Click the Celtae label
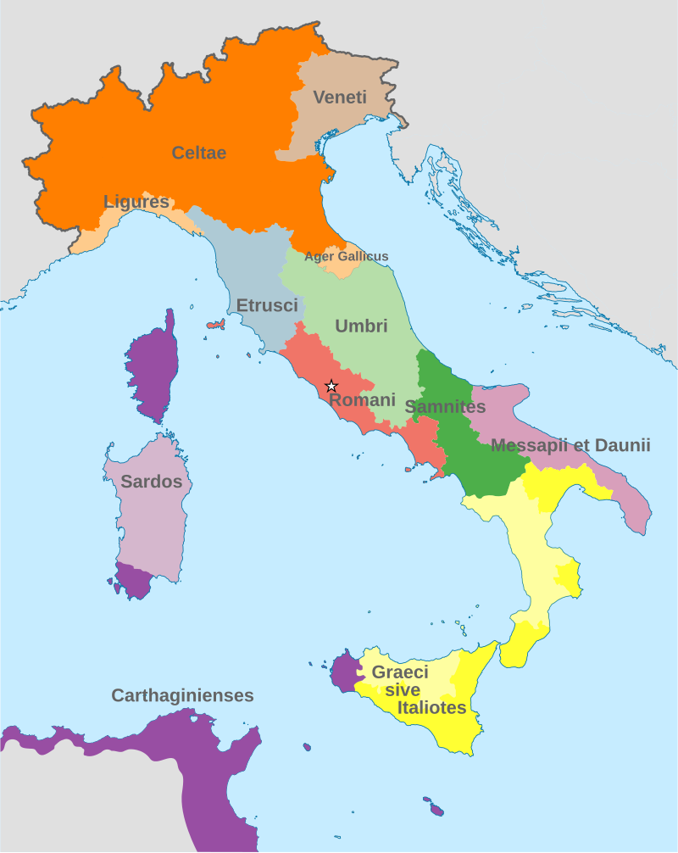point(199,153)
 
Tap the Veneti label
point(340,98)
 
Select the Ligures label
point(136,202)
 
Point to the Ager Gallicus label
point(346,256)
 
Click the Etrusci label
point(267,305)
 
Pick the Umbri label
point(361,326)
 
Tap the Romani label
point(363,399)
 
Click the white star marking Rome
point(331,386)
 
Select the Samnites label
point(445,407)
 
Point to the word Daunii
point(622,445)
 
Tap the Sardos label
point(152,482)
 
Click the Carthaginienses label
point(183,695)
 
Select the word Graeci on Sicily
point(400,672)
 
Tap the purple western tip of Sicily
point(342,671)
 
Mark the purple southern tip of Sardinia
point(134,582)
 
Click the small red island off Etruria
point(215,325)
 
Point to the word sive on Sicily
point(403,690)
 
